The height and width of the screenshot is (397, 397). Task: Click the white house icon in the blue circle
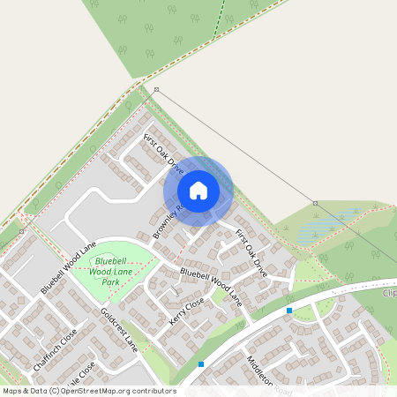point(198,190)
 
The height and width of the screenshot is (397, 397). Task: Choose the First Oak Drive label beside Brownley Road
point(163,154)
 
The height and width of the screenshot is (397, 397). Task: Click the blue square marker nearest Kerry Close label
point(201,363)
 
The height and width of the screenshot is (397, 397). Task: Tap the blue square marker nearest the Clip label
point(289,311)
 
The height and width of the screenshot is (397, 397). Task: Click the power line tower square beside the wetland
point(315,203)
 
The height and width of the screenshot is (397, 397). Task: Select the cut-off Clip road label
point(389,292)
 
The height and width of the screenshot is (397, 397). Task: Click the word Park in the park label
point(110,282)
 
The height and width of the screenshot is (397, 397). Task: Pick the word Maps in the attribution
point(13,391)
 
